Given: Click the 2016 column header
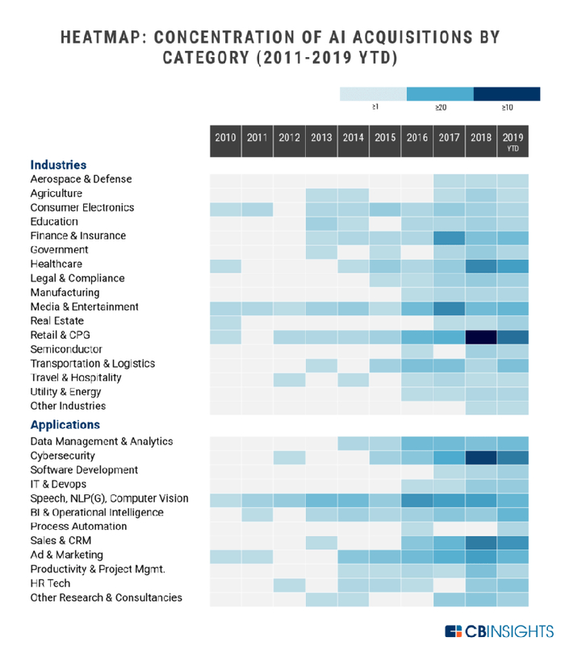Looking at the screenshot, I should click(416, 138).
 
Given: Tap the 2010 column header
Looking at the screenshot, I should click(225, 138).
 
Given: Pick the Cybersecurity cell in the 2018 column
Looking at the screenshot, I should click(480, 456).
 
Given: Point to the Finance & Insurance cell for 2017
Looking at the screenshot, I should click(449, 236).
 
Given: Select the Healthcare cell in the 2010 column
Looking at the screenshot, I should click(225, 265).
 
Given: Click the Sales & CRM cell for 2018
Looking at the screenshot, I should click(480, 541).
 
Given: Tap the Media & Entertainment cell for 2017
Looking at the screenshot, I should click(449, 307).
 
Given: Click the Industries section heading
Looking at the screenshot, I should click(58, 165).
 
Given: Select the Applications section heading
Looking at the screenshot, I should click(65, 425).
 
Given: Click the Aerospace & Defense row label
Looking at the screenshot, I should click(81, 179).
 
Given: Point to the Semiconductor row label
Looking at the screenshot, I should click(66, 349).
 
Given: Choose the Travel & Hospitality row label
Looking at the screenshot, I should click(76, 377).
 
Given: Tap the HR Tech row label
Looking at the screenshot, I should click(50, 583).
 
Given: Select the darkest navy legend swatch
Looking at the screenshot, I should click(507, 94).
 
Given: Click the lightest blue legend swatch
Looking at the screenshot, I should click(373, 94).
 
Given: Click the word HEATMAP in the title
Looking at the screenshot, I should click(99, 37).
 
